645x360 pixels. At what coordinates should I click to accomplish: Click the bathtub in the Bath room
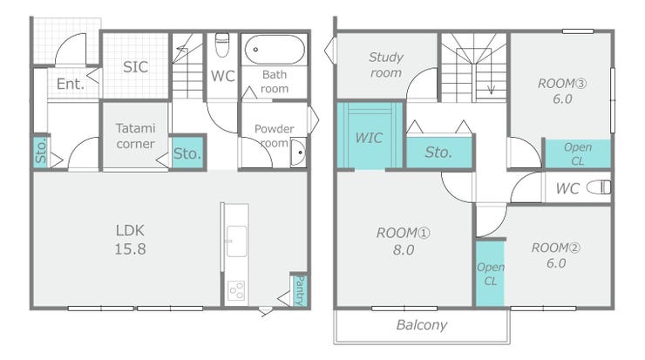[x=275, y=50]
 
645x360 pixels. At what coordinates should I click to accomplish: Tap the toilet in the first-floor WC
[x=222, y=44]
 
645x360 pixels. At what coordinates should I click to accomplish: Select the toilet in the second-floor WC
[x=599, y=187]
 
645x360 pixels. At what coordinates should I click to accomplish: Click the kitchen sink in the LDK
[x=236, y=241]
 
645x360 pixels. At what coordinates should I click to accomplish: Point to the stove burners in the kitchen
[x=236, y=290]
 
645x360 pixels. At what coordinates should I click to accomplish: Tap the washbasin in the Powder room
[x=298, y=153]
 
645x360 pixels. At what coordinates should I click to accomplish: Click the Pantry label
[x=301, y=290]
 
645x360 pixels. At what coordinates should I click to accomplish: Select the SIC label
[x=135, y=66]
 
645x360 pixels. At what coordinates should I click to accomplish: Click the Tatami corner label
[x=135, y=136]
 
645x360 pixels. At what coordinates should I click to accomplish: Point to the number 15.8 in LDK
[x=130, y=249]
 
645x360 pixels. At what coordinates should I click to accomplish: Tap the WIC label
[x=369, y=138]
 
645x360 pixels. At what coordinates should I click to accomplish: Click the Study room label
[x=386, y=65]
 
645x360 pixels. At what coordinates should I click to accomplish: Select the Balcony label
[x=422, y=324]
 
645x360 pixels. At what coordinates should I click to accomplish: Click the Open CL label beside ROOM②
[x=491, y=274]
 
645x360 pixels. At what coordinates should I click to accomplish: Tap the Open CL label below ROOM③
[x=578, y=154]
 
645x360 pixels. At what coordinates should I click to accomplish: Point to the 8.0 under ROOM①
[x=403, y=250]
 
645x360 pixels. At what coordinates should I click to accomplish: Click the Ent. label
[x=71, y=84]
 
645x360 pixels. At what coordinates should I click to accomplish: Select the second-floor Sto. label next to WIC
[x=438, y=153]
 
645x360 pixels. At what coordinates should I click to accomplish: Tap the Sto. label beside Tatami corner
[x=187, y=153]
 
